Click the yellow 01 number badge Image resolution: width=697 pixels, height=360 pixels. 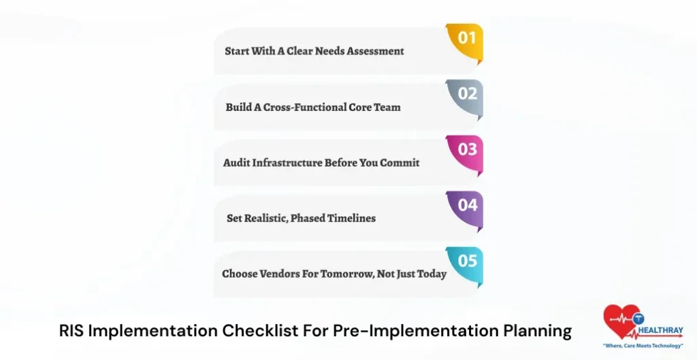point(466,39)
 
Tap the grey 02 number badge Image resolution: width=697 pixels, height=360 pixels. point(467,95)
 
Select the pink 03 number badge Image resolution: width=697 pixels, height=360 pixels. point(467,150)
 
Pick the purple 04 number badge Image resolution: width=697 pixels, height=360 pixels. point(467,205)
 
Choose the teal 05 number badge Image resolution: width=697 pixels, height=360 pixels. point(467,261)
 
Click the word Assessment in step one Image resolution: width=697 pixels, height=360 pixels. point(376,51)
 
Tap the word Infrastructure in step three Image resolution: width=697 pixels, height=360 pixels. point(287,163)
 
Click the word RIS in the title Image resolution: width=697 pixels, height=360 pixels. point(71,331)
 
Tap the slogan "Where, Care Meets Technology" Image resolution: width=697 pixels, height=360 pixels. point(643,346)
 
